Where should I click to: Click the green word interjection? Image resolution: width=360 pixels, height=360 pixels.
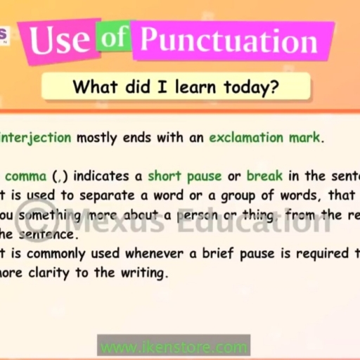35,137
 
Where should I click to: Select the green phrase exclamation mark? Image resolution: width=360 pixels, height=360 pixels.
264,137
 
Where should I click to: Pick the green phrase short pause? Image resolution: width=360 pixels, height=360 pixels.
184,175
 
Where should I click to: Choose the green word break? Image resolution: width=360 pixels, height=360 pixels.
264,175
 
